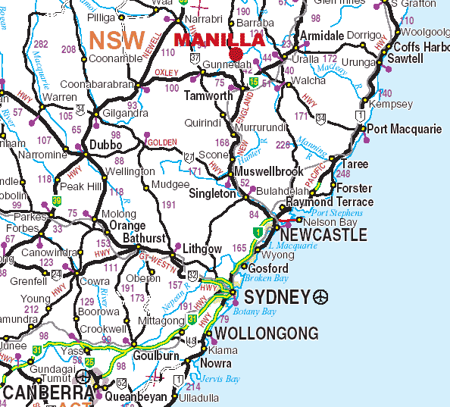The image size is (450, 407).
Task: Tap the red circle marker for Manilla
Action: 236,54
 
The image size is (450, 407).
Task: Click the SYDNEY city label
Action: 273,296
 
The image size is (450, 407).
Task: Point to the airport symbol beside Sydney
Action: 321,296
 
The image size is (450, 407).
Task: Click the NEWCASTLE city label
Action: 318,236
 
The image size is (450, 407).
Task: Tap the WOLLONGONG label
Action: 266,333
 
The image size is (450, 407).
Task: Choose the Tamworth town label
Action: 209,96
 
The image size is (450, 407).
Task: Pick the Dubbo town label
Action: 106,145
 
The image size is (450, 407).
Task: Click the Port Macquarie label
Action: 405,129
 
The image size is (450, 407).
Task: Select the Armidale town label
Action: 322,36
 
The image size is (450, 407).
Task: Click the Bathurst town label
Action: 144,238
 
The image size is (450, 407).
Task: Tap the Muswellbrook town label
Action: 268,171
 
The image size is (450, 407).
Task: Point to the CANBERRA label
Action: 47,393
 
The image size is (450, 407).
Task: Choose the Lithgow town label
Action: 202,249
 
